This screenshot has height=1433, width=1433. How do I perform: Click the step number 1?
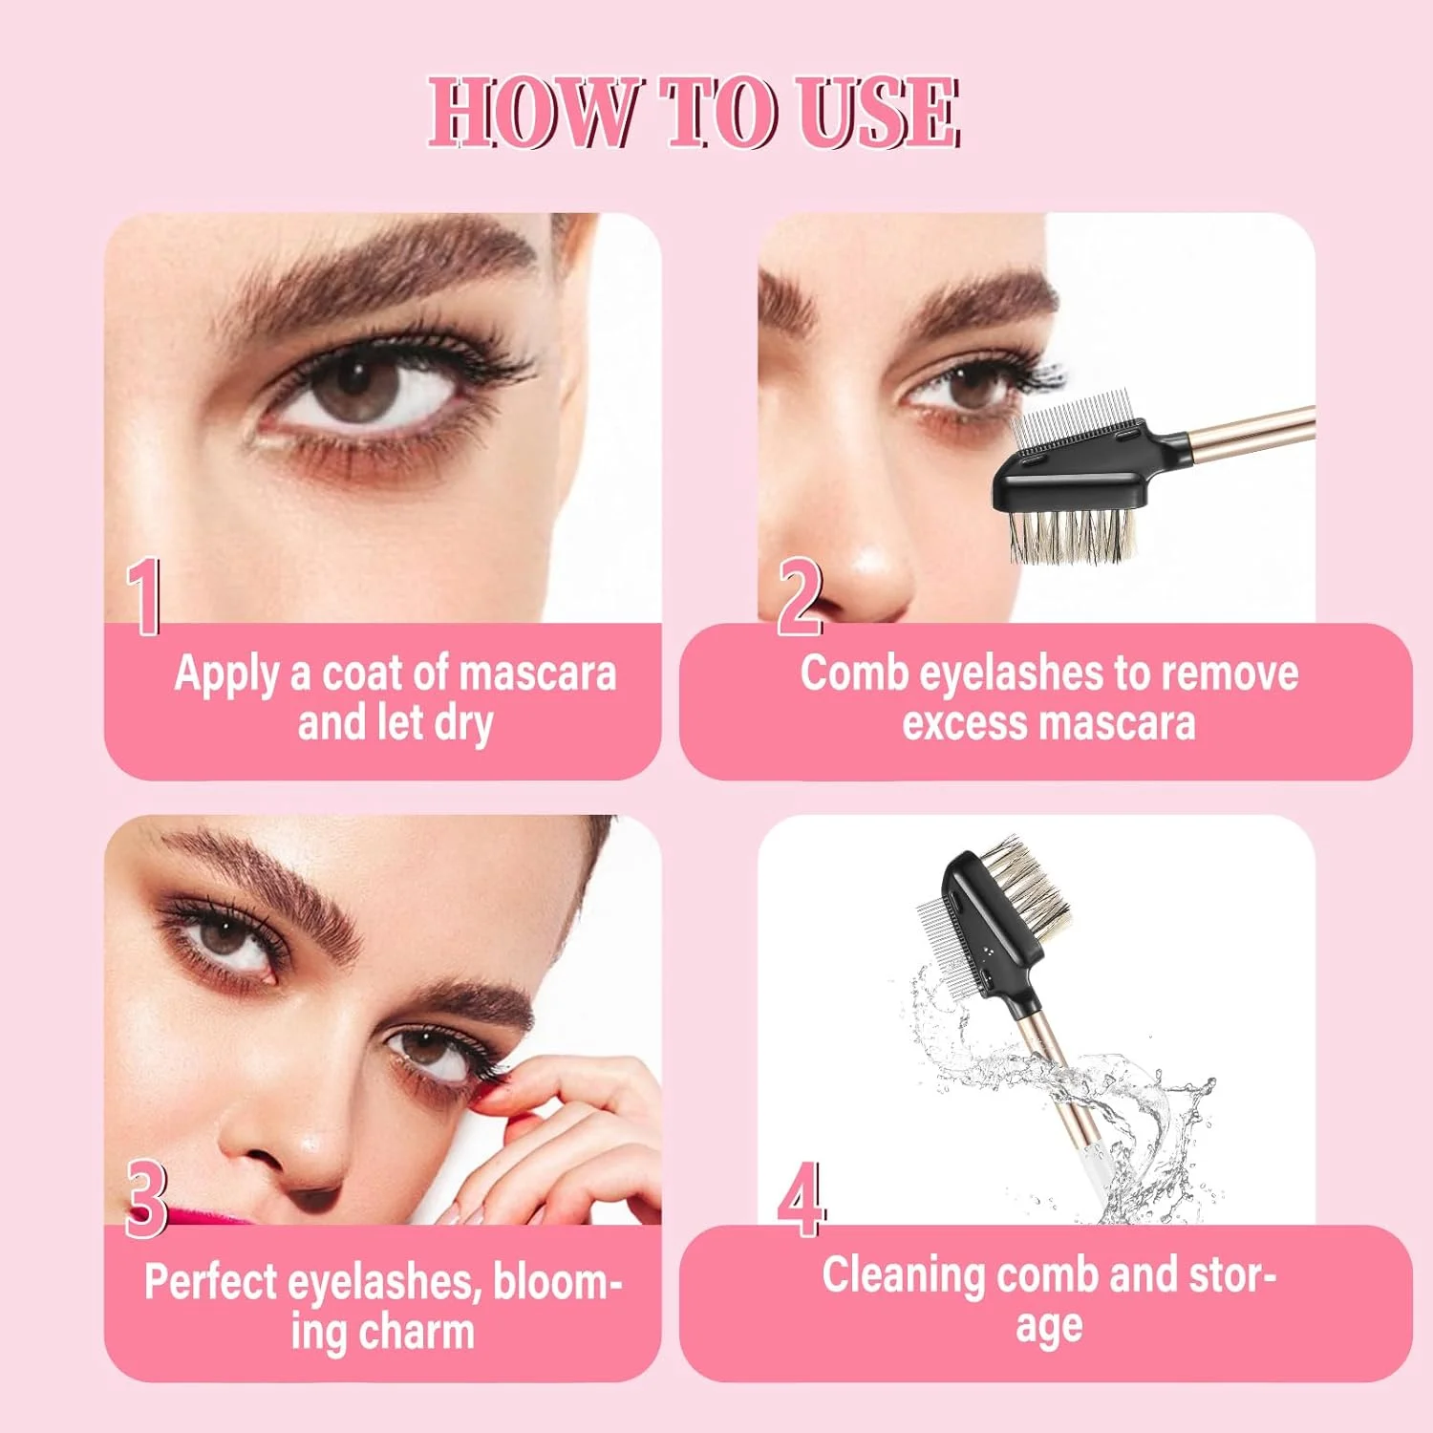pos(144,597)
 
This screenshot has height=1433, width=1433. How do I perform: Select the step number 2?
pos(799,597)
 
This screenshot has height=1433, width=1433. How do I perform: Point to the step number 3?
pos(146,1199)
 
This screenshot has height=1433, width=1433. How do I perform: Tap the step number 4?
pos(801,1199)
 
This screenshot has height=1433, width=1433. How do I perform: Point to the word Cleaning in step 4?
pos(903,1277)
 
